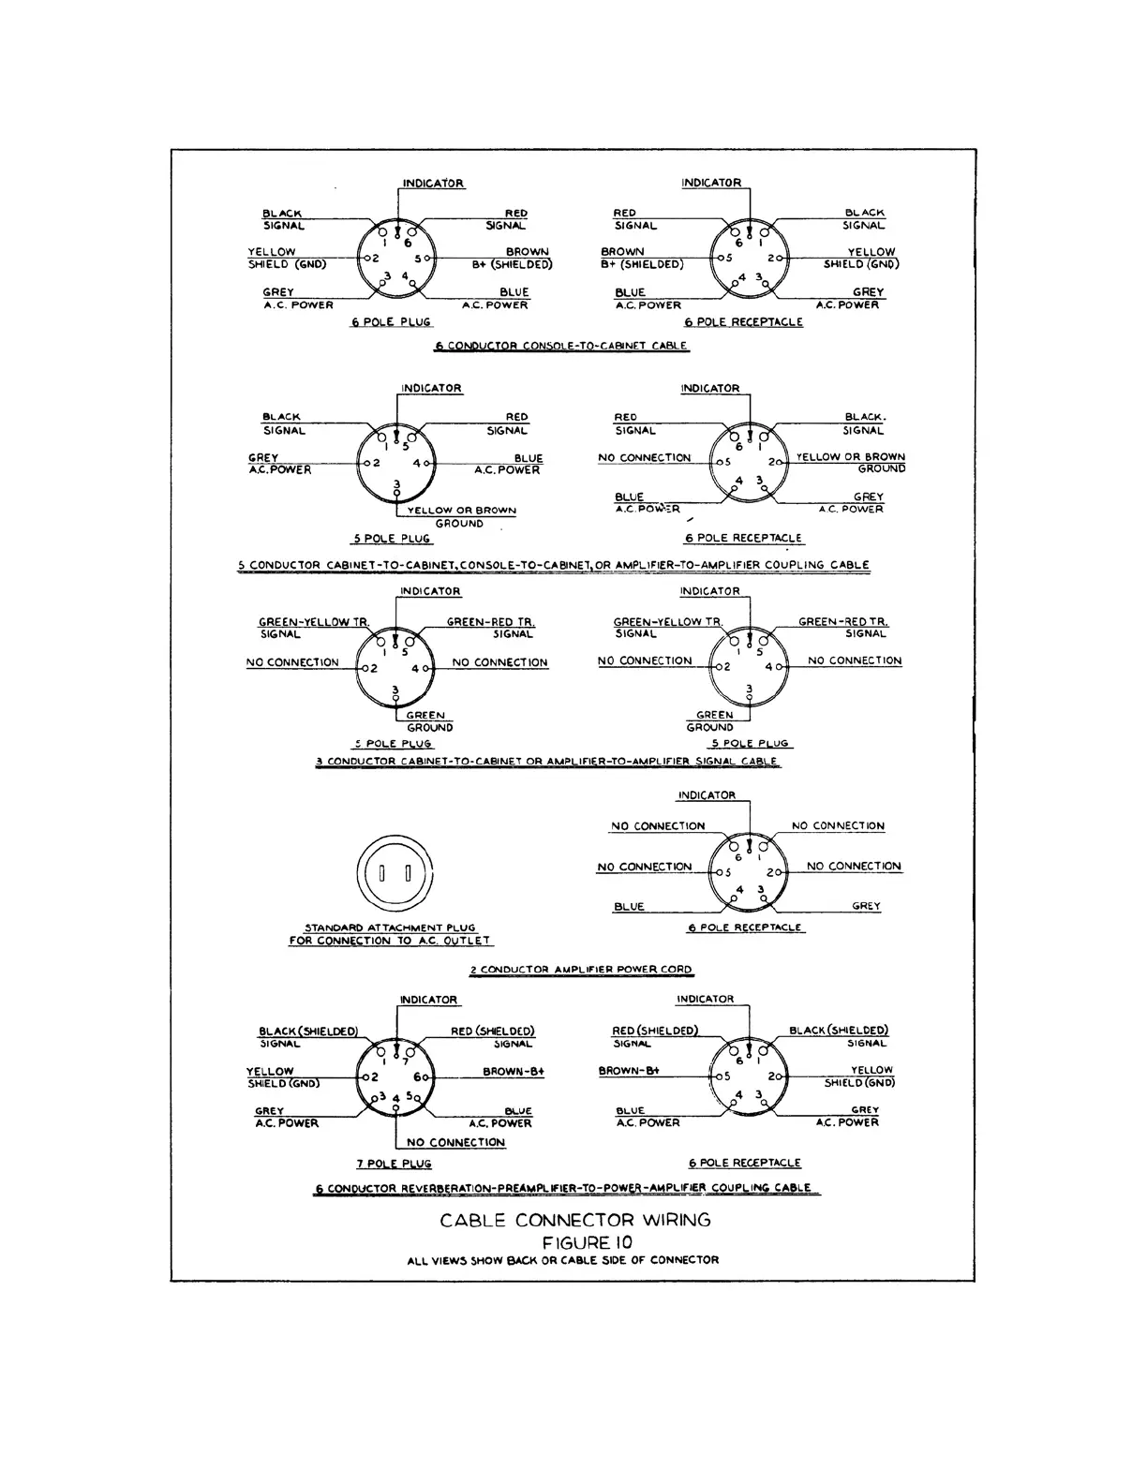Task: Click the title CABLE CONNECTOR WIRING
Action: (575, 1220)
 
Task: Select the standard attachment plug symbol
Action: (395, 874)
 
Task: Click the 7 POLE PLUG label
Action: (394, 1164)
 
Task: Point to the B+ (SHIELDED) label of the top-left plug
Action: (512, 264)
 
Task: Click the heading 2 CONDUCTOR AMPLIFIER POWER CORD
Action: (581, 970)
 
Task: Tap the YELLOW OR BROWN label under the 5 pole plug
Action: (461, 511)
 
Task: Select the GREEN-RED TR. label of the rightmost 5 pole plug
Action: (842, 621)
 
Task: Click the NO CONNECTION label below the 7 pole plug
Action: (455, 1142)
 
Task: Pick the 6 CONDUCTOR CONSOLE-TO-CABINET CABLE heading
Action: (561, 346)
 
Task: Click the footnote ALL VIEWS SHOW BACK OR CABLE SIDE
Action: (562, 1260)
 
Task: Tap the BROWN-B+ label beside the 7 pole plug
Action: (514, 1072)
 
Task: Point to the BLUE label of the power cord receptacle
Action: (629, 907)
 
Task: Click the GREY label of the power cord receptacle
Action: (866, 907)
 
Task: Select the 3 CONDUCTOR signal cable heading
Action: (547, 762)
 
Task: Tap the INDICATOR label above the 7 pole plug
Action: (428, 1000)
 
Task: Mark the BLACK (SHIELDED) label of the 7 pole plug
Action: (308, 1031)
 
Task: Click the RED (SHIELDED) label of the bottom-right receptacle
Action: (655, 1031)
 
